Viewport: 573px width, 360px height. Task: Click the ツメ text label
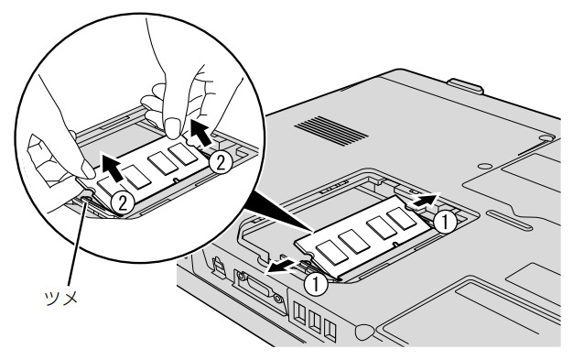click(x=61, y=298)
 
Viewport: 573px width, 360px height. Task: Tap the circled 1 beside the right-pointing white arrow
click(x=445, y=222)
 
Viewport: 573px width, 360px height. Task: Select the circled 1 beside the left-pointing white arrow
click(x=316, y=284)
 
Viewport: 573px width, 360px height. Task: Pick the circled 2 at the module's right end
click(x=221, y=163)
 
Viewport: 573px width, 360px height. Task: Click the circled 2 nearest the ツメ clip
click(x=123, y=202)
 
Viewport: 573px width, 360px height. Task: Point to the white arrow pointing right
click(x=426, y=200)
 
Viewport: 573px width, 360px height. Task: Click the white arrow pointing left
click(x=282, y=267)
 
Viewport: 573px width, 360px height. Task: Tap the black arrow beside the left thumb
click(x=114, y=168)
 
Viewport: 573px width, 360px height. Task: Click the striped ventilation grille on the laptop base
click(x=331, y=131)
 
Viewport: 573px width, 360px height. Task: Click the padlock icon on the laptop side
click(x=218, y=266)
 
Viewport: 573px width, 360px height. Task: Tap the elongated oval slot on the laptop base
click(x=509, y=219)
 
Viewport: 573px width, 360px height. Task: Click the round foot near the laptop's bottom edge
click(x=363, y=331)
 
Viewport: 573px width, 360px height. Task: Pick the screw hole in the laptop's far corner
click(x=546, y=136)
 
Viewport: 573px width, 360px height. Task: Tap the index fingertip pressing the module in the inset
click(x=173, y=128)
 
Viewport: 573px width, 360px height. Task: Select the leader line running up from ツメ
click(x=76, y=243)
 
